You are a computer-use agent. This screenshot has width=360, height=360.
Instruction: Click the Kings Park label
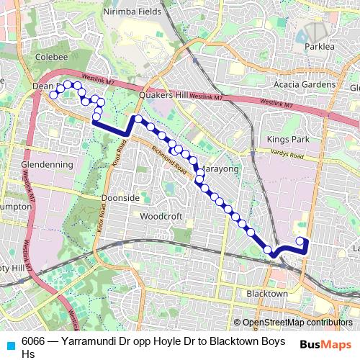[x=287, y=138]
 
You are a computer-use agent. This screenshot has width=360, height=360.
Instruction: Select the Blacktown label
[x=267, y=294]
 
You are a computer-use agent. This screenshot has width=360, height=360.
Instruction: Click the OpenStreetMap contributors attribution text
[x=297, y=323]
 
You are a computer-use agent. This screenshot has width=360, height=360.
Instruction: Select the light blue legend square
[x=9, y=343]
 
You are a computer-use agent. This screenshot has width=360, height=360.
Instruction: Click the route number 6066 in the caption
[x=33, y=341]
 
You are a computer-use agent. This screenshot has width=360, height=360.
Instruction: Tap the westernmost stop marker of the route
[x=53, y=95]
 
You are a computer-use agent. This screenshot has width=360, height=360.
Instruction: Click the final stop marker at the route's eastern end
[x=300, y=241]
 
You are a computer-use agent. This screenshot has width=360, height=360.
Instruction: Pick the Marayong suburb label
[x=217, y=168]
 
